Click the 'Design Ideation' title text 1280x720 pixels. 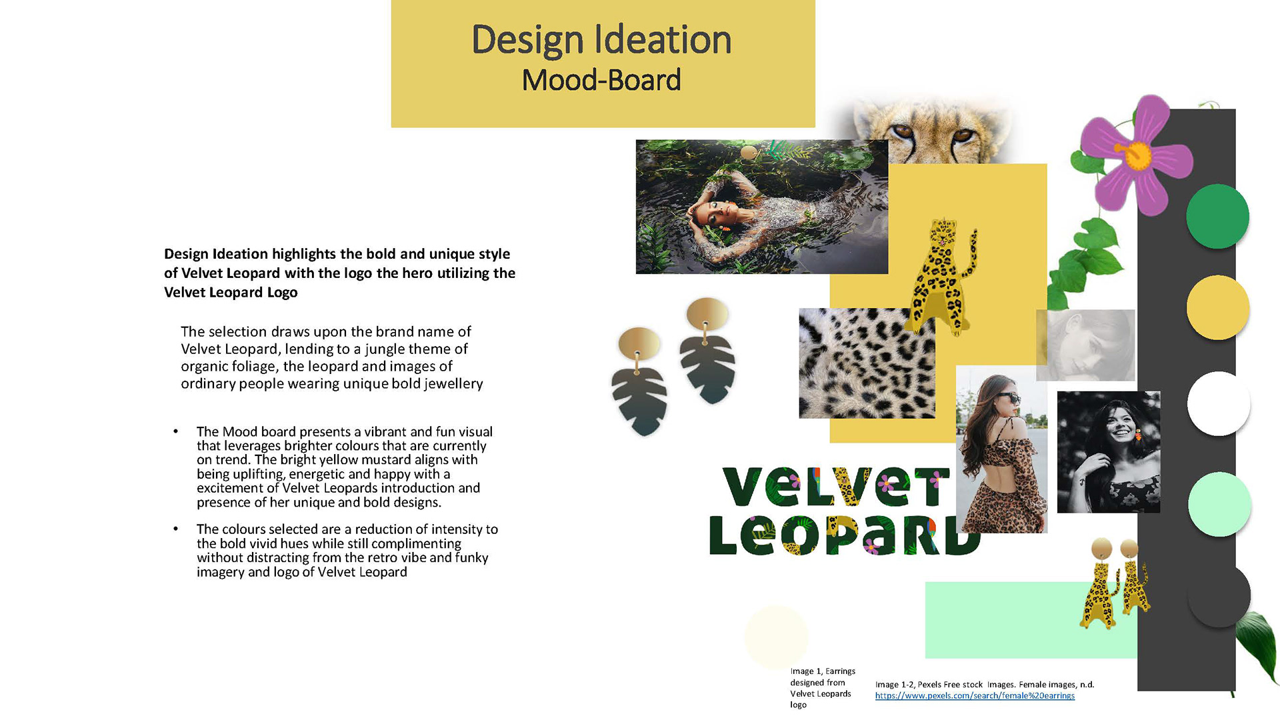click(x=601, y=40)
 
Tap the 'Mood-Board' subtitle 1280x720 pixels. click(x=601, y=80)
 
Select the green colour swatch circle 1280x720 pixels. click(x=1217, y=217)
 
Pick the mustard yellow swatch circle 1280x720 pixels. click(x=1217, y=307)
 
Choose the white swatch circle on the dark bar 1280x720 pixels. click(x=1218, y=403)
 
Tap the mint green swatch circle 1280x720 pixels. click(x=1219, y=504)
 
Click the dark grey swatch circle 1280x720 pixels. click(x=1219, y=595)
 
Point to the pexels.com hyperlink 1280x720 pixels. click(x=975, y=696)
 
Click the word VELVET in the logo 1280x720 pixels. click(x=836, y=487)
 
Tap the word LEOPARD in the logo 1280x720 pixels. click(x=843, y=535)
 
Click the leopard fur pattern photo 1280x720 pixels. click(x=867, y=363)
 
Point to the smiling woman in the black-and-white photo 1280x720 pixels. click(x=1109, y=452)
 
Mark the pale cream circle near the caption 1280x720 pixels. click(x=776, y=638)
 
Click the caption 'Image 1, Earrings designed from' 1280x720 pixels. click(x=823, y=677)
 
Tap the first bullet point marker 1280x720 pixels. click(x=176, y=431)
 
